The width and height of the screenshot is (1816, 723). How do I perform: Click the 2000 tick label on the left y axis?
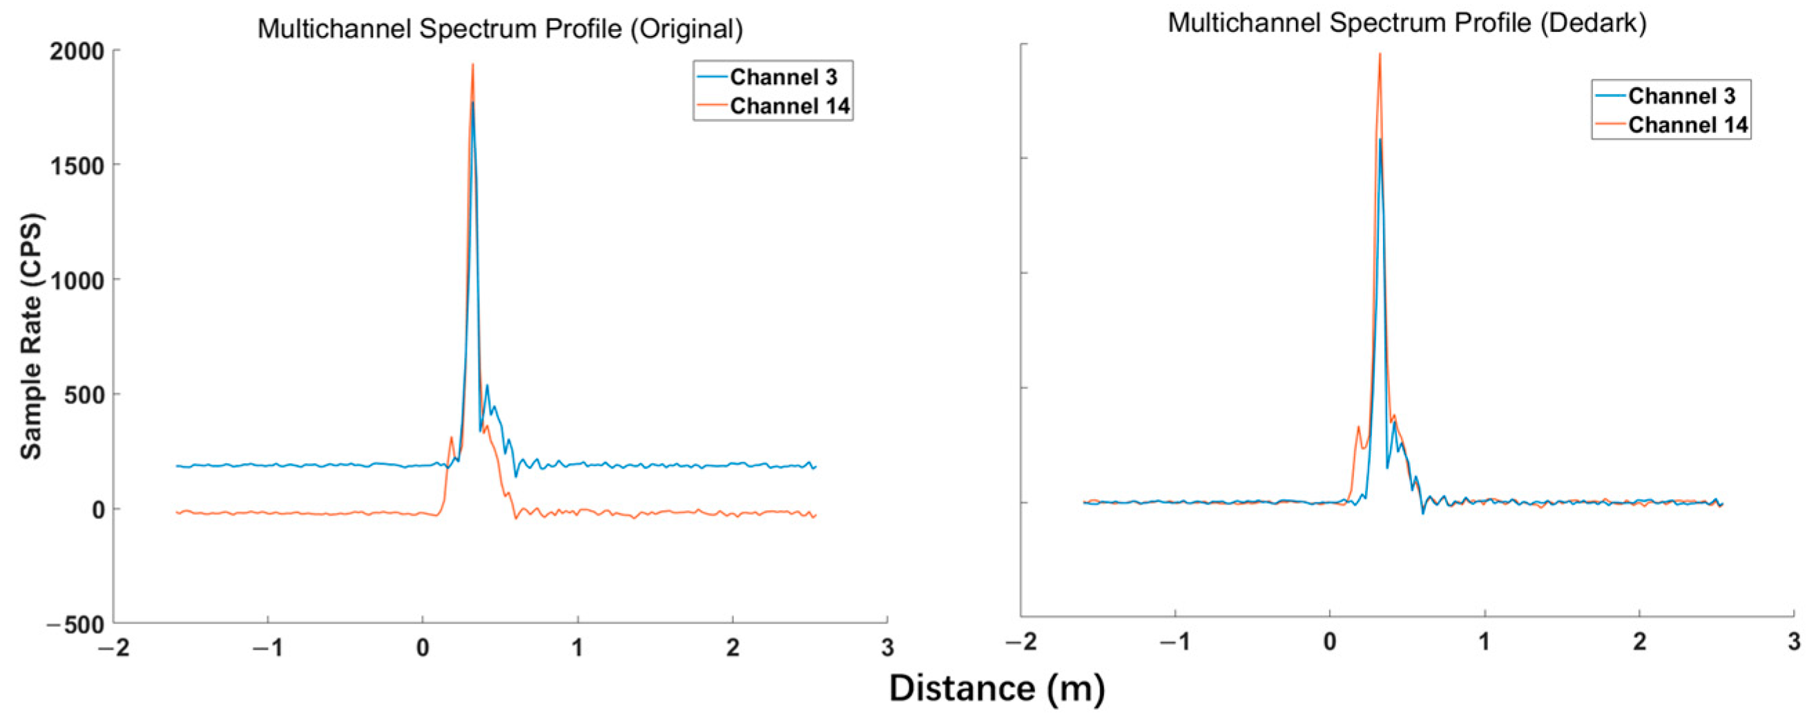coord(76,51)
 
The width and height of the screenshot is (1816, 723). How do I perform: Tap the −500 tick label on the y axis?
coord(75,625)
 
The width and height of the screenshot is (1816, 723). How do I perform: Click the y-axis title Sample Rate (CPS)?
coord(32,337)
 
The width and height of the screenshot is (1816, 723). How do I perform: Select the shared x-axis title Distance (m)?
coord(996,688)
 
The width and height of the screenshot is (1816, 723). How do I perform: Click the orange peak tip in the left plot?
coord(472,65)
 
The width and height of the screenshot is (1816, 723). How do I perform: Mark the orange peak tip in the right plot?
coord(1380,55)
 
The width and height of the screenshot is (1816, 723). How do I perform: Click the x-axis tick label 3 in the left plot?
coord(887,648)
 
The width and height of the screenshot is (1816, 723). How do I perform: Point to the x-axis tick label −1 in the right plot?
coord(1175,642)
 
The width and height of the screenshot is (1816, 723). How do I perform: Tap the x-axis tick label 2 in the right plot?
coord(1640,642)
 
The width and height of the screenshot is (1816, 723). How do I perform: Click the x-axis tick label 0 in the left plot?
coord(423,648)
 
